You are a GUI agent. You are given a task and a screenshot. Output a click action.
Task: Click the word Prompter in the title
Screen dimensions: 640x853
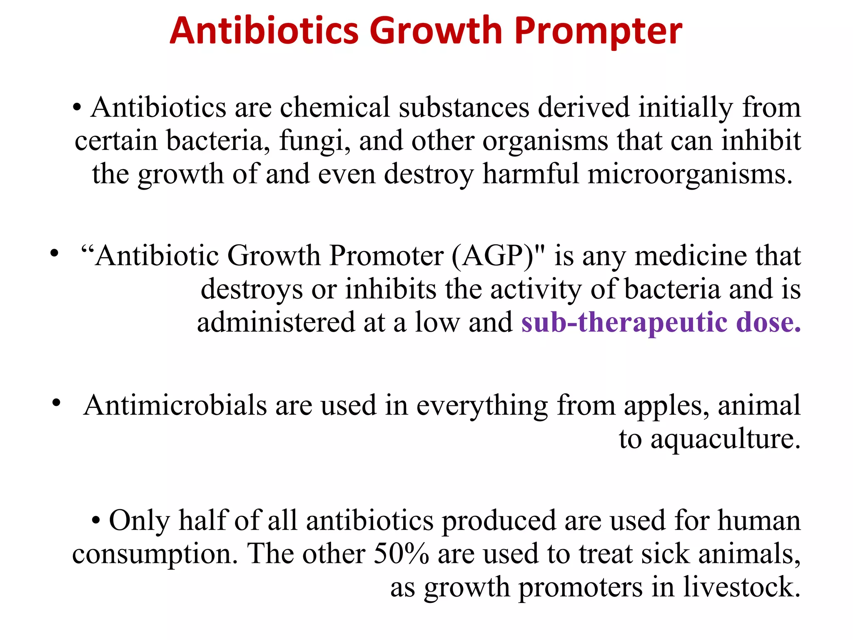(598, 32)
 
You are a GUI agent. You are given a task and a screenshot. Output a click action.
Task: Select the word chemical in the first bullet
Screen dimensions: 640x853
(334, 107)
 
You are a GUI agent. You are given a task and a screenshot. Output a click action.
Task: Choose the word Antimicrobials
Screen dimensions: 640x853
(175, 405)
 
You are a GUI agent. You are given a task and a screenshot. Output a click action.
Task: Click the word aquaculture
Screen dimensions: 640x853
(726, 439)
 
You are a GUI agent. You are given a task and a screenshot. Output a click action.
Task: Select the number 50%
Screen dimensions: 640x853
(401, 554)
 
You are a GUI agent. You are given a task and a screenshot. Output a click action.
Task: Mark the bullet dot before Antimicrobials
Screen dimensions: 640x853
(57, 402)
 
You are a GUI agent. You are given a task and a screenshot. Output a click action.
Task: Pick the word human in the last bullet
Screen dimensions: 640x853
(759, 521)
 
